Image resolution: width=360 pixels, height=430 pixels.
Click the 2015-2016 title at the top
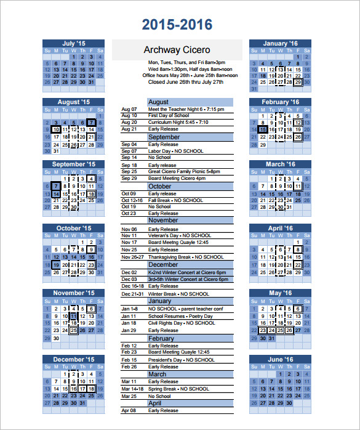tap(177, 25)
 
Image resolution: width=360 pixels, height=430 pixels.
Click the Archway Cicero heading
tap(177, 50)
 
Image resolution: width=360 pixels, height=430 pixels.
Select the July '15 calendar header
tap(74, 44)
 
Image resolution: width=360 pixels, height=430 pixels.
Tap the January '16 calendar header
tap(279, 44)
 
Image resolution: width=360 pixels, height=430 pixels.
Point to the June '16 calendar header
tap(279, 359)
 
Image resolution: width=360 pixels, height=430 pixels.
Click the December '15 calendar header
tap(74, 359)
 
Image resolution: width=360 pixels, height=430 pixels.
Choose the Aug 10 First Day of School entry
tap(169, 116)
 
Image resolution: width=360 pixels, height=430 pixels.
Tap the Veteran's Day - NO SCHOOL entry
tap(180, 235)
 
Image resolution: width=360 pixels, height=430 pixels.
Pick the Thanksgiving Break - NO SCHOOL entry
tap(186, 257)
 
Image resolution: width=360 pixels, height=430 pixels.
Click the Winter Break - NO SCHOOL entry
tap(178, 294)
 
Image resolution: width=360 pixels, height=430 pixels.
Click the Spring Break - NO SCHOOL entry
tap(178, 389)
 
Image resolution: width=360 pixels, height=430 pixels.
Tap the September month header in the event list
tap(164, 137)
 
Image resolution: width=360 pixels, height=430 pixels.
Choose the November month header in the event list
tap(163, 221)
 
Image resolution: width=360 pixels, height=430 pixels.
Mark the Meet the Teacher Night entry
tap(186, 109)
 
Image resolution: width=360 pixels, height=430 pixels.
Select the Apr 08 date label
tap(129, 410)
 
